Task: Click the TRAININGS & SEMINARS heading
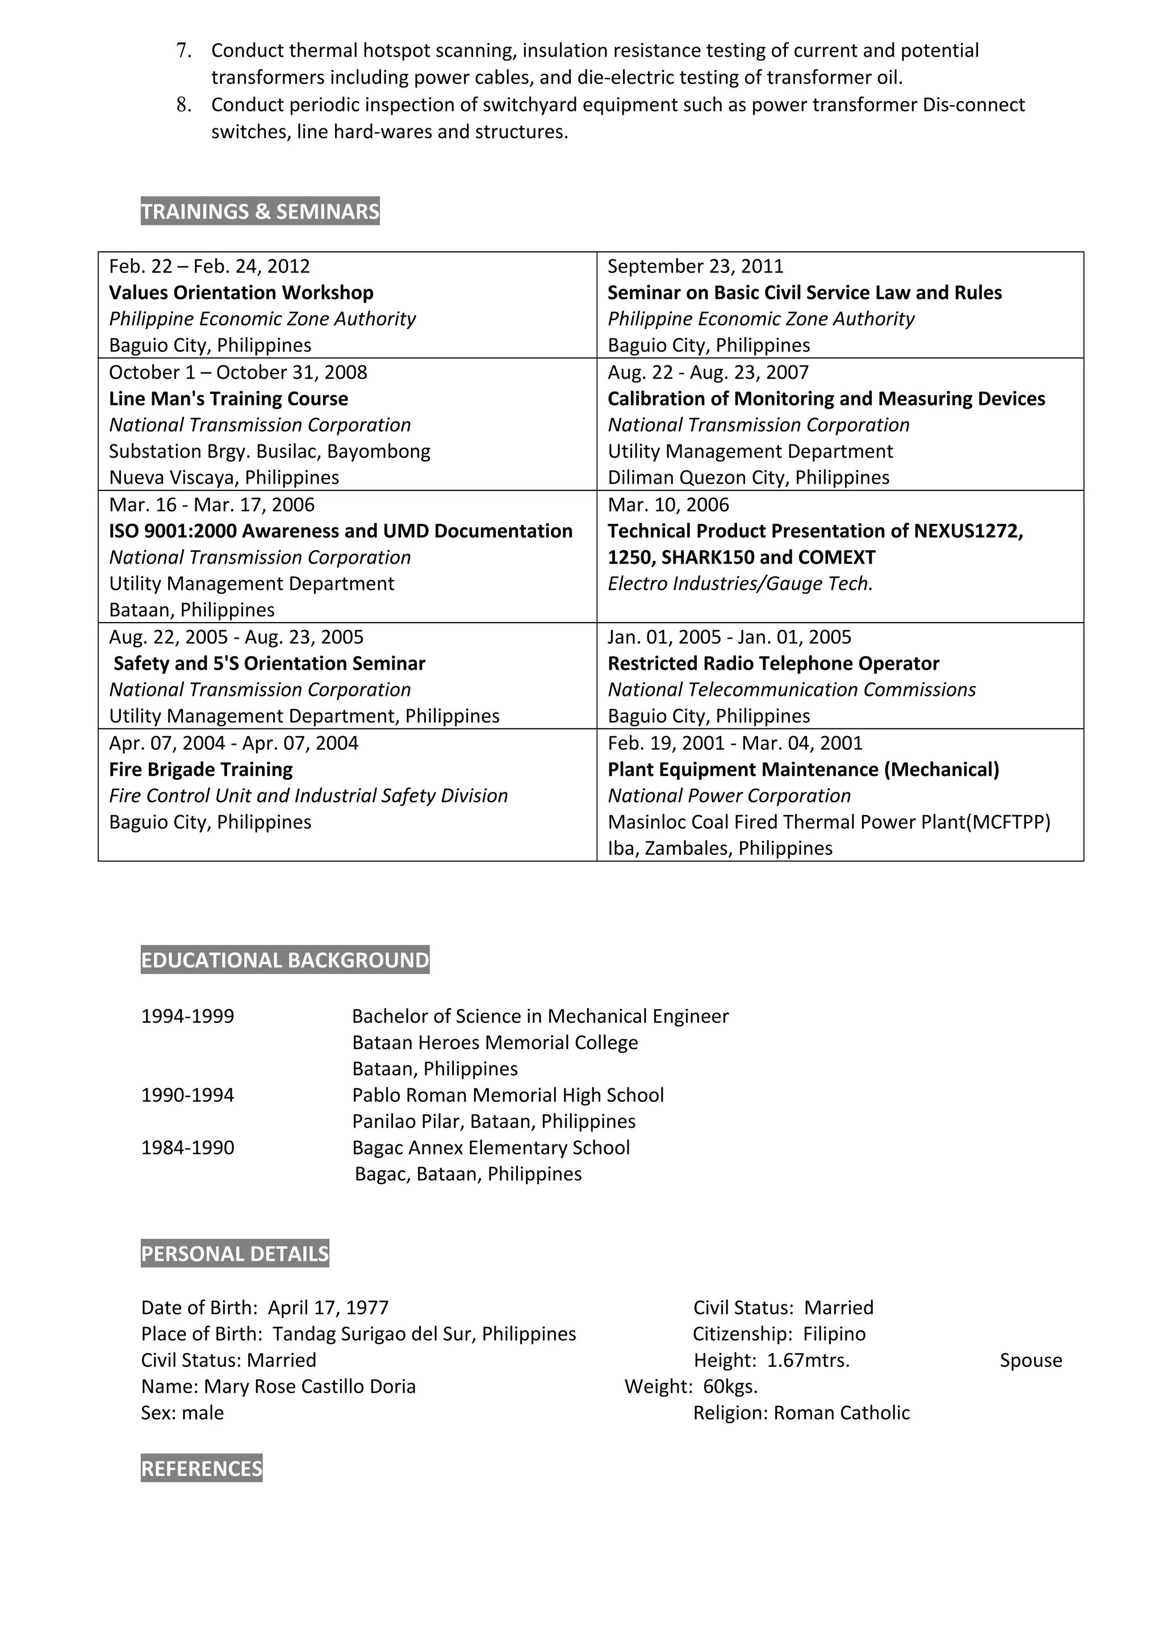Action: coord(260,211)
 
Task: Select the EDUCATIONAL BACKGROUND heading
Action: coord(285,960)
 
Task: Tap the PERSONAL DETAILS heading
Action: coord(235,1254)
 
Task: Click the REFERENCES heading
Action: coord(202,1469)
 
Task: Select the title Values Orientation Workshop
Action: coord(241,292)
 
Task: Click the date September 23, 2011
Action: coord(695,267)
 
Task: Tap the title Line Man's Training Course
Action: coord(229,398)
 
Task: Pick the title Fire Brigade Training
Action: coord(200,770)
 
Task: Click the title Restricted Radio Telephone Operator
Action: coord(773,664)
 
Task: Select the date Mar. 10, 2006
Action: coord(668,505)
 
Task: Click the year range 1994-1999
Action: coord(188,1017)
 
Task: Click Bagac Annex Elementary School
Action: coord(491,1148)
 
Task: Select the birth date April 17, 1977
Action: coord(328,1308)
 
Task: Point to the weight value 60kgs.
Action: coord(730,1386)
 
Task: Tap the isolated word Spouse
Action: coord(1031,1361)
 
